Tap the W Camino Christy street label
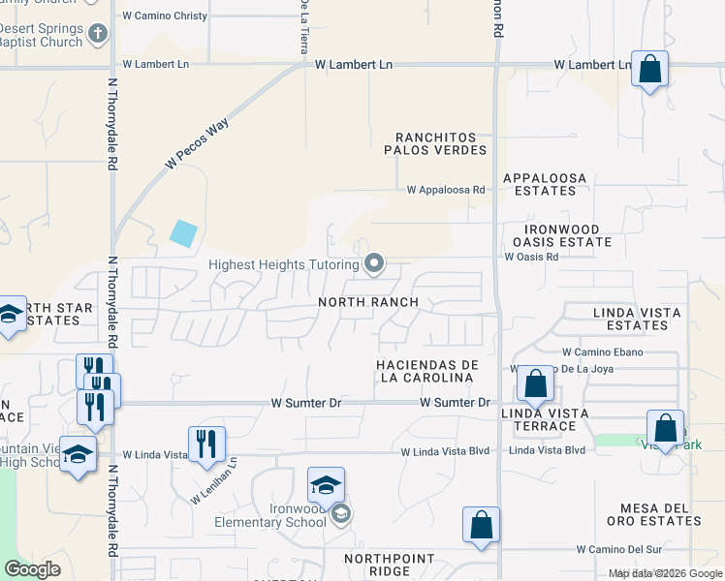click(x=165, y=16)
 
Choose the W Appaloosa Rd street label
click(x=445, y=191)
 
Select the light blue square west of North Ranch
click(x=183, y=233)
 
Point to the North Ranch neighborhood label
click(x=368, y=302)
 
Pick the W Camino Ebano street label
click(x=602, y=352)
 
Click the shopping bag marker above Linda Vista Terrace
click(x=535, y=383)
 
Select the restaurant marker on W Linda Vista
click(x=205, y=443)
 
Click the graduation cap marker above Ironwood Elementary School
click(x=327, y=484)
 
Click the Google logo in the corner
click(x=32, y=569)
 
